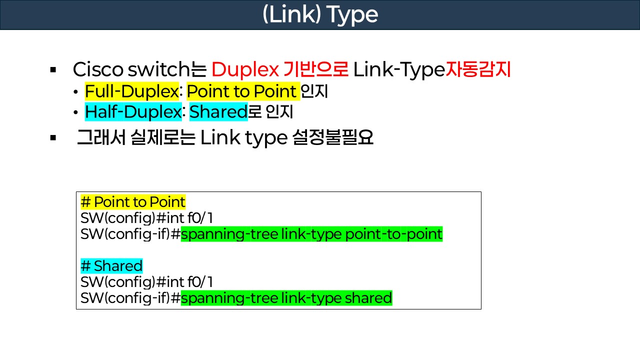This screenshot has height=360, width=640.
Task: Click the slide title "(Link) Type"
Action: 320,15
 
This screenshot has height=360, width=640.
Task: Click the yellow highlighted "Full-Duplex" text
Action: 132,91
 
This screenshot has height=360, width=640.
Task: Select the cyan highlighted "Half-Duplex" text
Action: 132,112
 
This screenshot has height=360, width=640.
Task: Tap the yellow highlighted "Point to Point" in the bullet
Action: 242,91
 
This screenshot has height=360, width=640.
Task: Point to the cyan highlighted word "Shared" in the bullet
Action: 218,112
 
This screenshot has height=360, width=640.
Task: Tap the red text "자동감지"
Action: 478,69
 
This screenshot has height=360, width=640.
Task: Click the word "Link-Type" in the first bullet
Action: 398,69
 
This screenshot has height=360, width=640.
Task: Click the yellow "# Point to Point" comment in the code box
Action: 133,202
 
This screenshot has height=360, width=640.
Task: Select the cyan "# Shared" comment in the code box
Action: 111,265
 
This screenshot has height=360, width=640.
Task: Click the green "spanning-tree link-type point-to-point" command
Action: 311,234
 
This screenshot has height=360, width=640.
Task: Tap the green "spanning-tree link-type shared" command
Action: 286,298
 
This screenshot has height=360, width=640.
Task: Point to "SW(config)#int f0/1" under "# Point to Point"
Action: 146,218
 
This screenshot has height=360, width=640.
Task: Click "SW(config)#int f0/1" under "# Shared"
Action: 146,282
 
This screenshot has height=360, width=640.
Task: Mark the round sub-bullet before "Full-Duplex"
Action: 75,92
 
